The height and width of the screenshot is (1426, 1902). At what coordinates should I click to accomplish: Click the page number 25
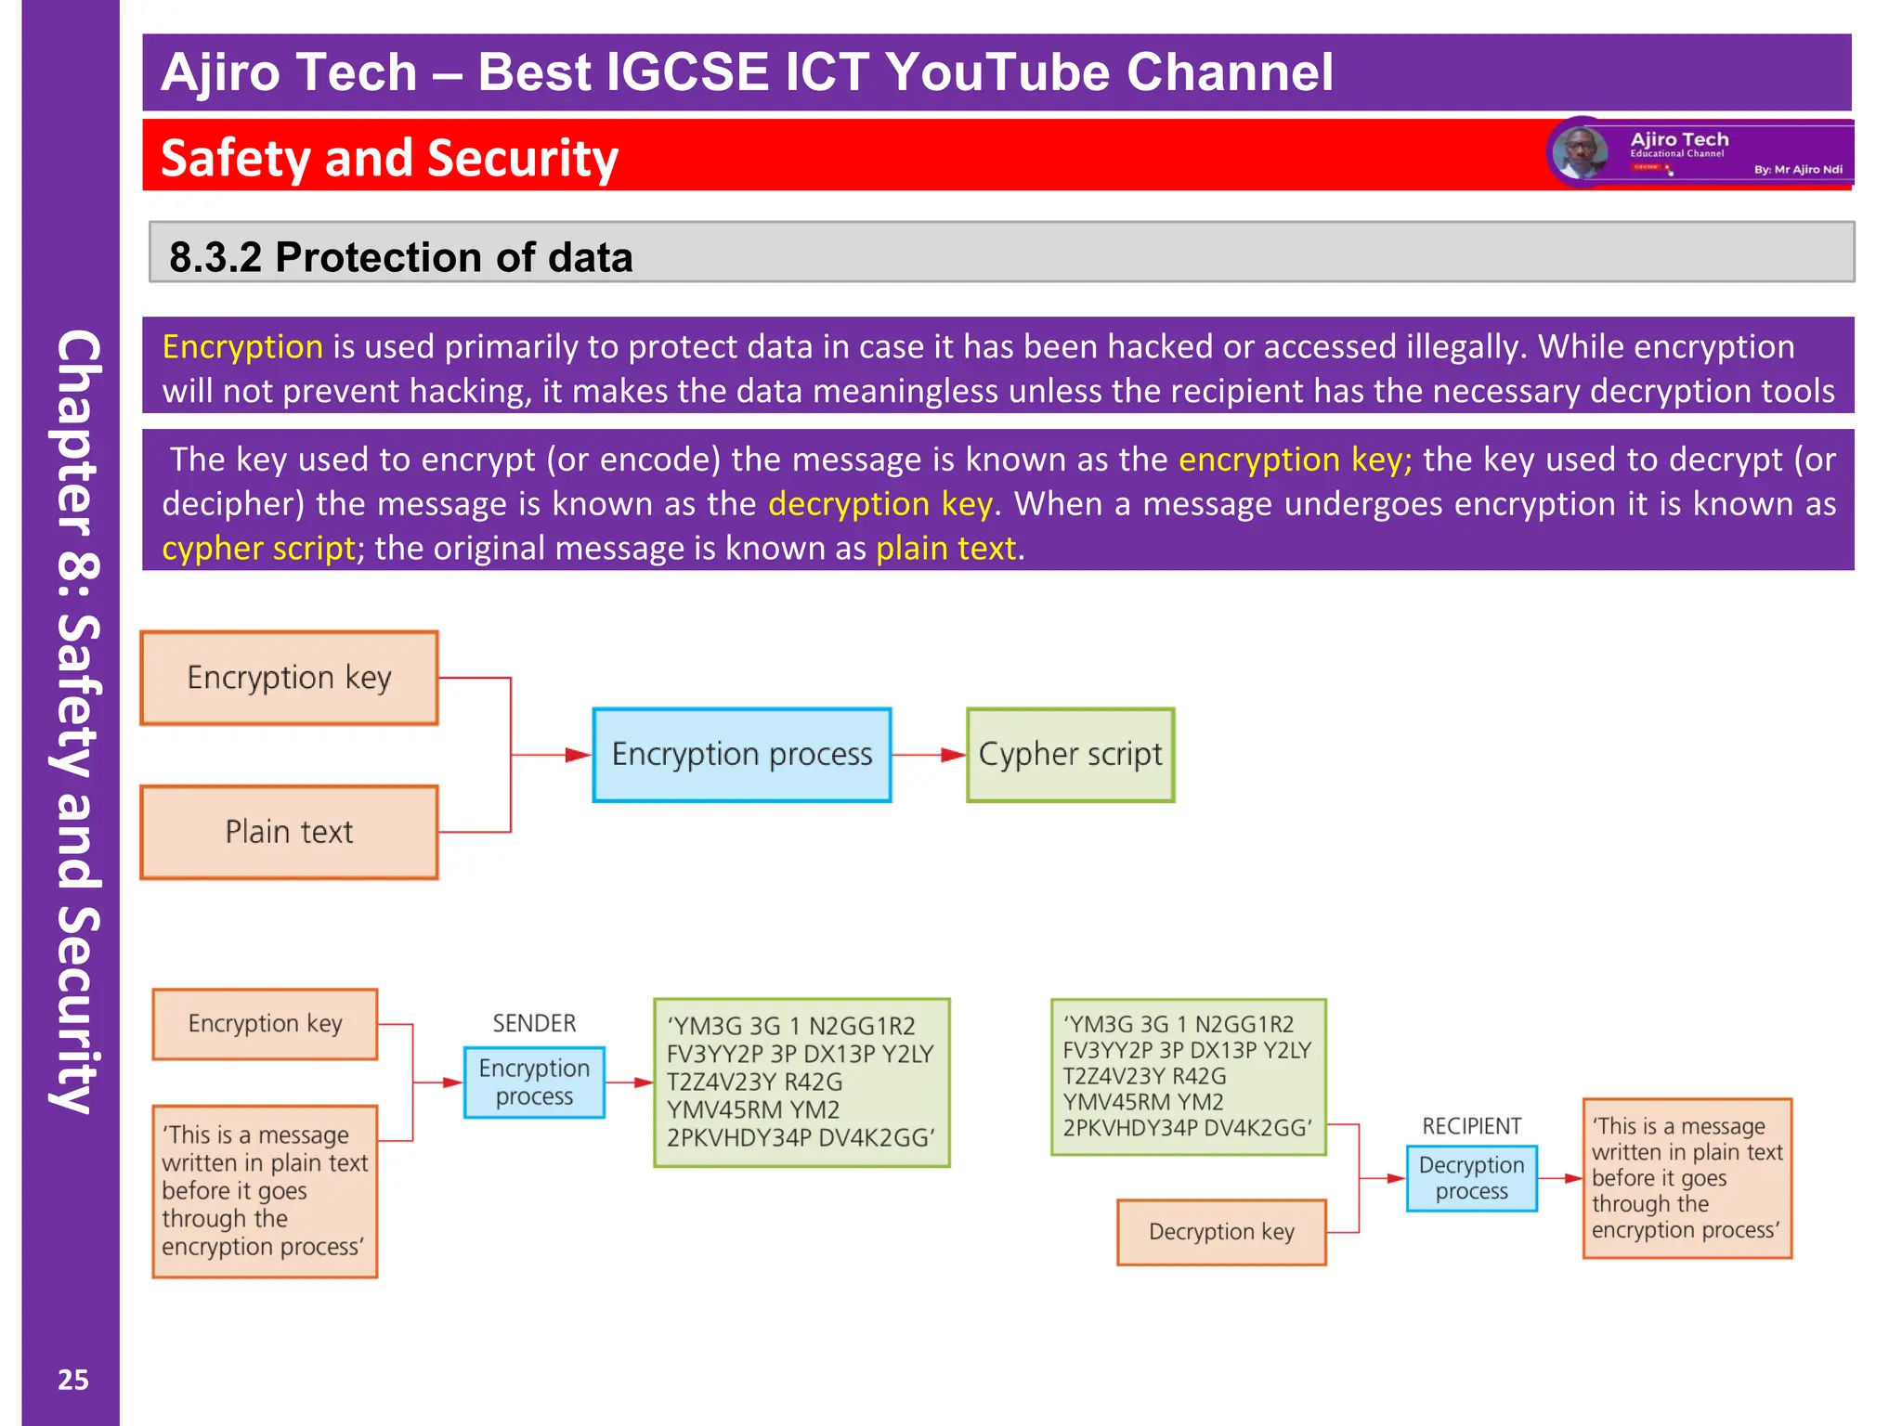coord(73,1380)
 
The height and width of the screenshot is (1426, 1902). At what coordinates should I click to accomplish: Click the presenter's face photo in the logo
coord(1580,152)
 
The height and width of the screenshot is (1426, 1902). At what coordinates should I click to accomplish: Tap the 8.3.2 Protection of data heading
coord(400,257)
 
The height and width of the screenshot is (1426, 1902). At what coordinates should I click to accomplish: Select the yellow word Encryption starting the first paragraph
coord(242,347)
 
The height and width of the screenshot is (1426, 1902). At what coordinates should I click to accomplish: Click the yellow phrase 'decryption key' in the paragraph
coord(879,504)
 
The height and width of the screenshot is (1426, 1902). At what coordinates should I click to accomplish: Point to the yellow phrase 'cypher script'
coord(258,549)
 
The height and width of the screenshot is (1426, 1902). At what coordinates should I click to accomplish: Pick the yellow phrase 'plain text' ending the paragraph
coord(945,549)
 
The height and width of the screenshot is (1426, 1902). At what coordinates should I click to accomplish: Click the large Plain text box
coord(289,832)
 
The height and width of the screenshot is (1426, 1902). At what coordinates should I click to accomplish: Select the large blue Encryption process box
coord(741,755)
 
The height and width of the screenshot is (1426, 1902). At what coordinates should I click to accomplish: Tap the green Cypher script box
coord(1070,755)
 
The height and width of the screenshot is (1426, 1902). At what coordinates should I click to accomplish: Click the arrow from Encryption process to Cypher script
coord(929,755)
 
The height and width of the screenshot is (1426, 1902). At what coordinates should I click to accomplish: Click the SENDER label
coord(534,1023)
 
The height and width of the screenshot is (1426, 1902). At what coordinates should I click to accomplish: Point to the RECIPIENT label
coord(1471,1126)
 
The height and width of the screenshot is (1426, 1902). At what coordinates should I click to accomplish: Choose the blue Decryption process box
coord(1471,1178)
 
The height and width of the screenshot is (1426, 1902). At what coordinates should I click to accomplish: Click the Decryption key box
coord(1220,1232)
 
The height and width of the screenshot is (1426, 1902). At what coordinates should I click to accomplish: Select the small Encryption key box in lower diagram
coord(265,1024)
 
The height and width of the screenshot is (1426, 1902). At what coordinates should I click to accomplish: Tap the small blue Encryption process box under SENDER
coord(534,1082)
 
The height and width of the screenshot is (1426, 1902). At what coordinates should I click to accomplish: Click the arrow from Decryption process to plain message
coord(1560,1178)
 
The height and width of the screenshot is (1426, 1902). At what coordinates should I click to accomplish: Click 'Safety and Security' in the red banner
coord(389,158)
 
